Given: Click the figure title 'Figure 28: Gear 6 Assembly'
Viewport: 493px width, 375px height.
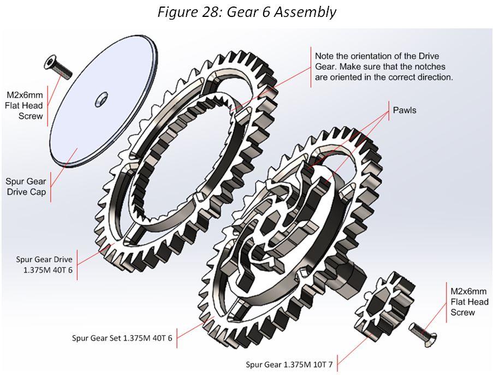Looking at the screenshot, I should pos(247,11).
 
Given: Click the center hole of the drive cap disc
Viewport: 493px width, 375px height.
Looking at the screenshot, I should pos(101,99).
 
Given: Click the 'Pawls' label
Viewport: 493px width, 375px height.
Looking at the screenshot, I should pos(405,110).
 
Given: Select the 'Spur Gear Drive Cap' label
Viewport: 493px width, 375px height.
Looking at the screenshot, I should pos(26,187).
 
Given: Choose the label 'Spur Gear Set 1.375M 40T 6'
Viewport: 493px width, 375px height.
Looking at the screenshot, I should pos(122,338).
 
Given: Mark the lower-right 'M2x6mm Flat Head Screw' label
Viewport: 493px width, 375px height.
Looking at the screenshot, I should pos(469,301).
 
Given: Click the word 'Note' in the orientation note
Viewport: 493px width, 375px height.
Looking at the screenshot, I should pos(325,56).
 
